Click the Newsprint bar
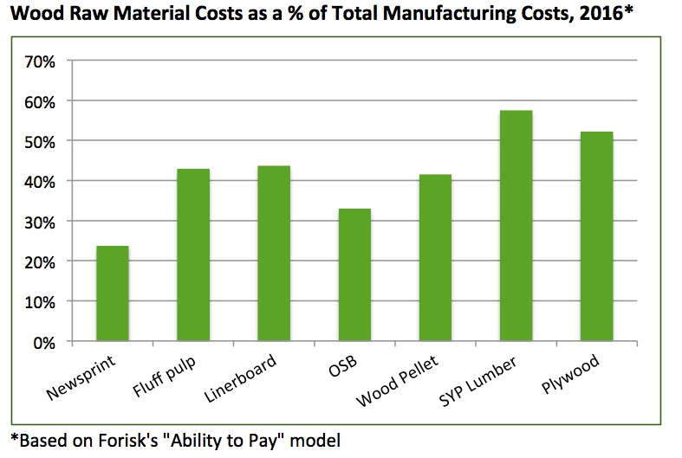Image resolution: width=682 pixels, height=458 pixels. (x=113, y=294)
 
